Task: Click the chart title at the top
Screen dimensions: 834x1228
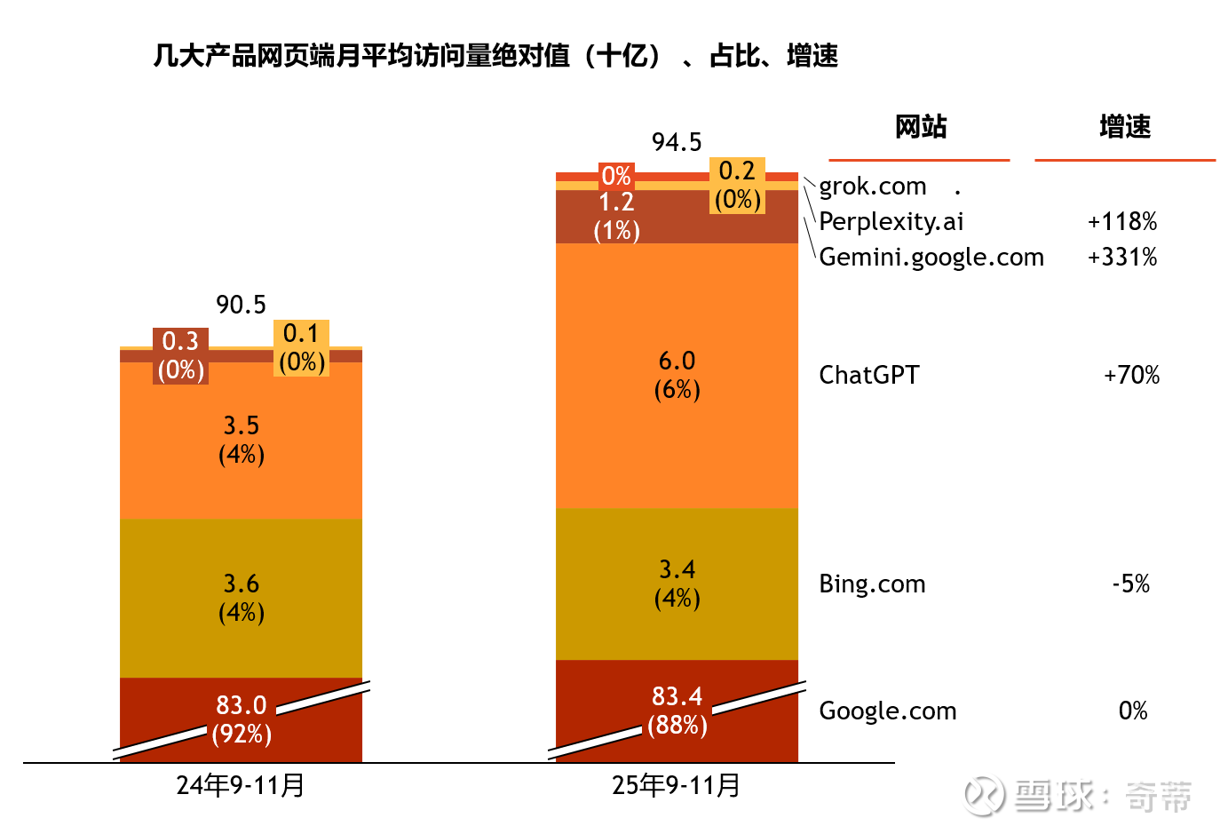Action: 495,56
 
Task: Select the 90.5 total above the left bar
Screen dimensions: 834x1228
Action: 241,305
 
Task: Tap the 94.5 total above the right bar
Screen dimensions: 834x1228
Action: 677,142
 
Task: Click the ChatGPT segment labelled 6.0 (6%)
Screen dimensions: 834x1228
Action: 677,375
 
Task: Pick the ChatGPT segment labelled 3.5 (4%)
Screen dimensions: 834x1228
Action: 241,440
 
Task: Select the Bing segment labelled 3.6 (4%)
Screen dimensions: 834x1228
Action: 241,598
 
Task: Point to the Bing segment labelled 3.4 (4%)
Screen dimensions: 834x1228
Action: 677,584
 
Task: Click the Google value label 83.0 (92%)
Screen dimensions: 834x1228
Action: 242,719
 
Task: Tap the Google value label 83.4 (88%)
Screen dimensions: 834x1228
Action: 677,711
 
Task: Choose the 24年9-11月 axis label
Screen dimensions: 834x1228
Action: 241,785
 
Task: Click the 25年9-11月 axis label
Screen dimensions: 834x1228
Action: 677,785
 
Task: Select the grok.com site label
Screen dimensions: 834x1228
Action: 872,187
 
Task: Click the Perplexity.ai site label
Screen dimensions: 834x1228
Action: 891,221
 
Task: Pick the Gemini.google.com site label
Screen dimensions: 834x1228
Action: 931,257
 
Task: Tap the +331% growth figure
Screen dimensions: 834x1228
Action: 1122,257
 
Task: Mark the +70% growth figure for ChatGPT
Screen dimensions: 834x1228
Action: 1131,375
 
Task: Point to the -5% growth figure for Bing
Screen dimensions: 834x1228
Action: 1130,584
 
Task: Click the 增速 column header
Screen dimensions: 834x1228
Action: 1124,127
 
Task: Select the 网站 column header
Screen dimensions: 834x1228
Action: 920,127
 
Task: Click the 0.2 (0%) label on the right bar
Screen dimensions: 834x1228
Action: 737,185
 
